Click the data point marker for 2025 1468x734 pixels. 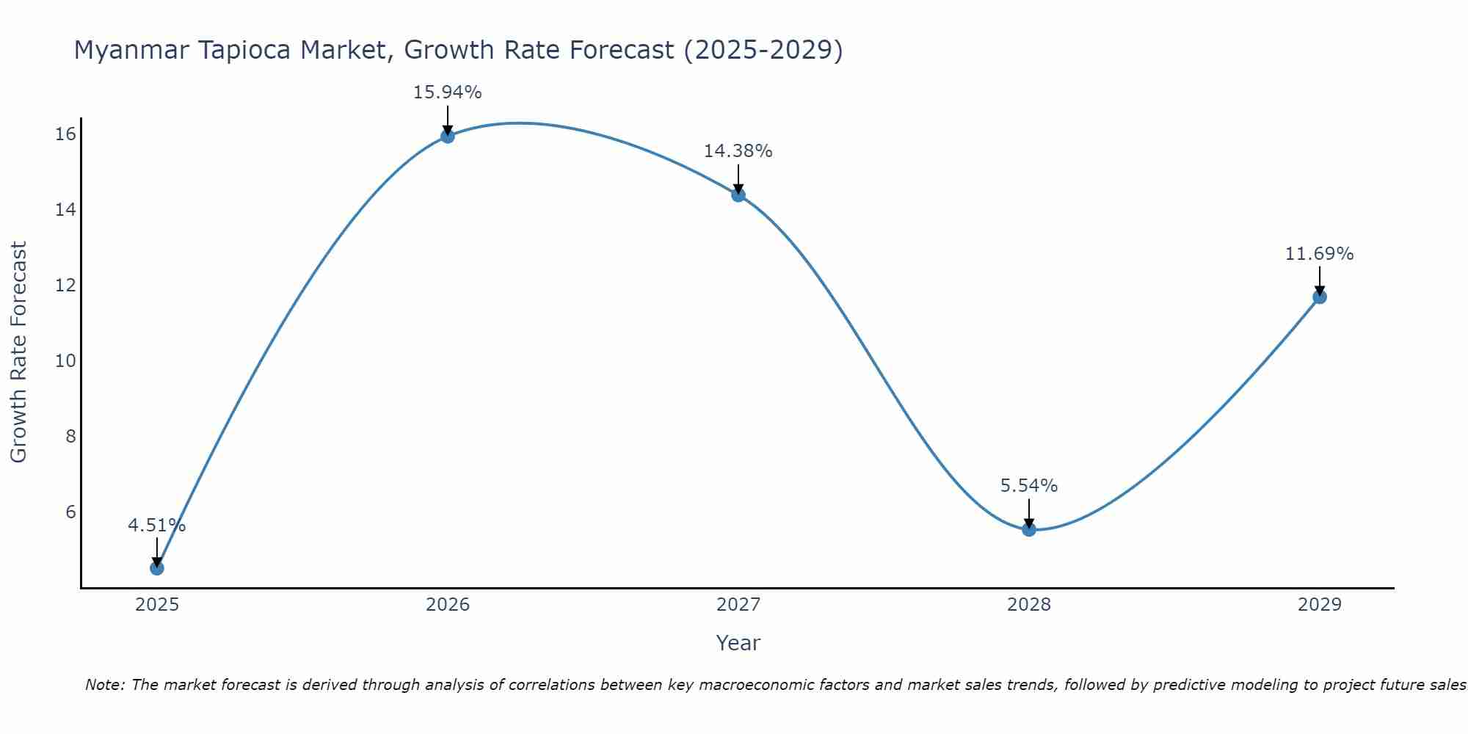(156, 567)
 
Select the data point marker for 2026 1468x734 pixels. (447, 136)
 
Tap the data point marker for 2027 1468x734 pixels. (738, 195)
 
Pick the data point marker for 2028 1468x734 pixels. (1029, 529)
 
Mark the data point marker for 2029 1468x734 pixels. (1319, 297)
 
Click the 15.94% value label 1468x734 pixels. (447, 92)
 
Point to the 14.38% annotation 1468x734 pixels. (738, 151)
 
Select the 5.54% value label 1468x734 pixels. (1028, 486)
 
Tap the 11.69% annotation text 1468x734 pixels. (1319, 254)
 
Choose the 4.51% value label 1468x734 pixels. (156, 526)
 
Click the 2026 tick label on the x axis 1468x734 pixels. (448, 605)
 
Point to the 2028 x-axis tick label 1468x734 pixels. (1028, 605)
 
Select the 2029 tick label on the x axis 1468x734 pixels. (1319, 605)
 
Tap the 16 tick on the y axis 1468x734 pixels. (65, 134)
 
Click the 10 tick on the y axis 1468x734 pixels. (65, 361)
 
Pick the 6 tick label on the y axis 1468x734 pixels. (70, 512)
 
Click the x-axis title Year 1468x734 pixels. (738, 643)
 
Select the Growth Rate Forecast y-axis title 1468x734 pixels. (18, 352)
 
